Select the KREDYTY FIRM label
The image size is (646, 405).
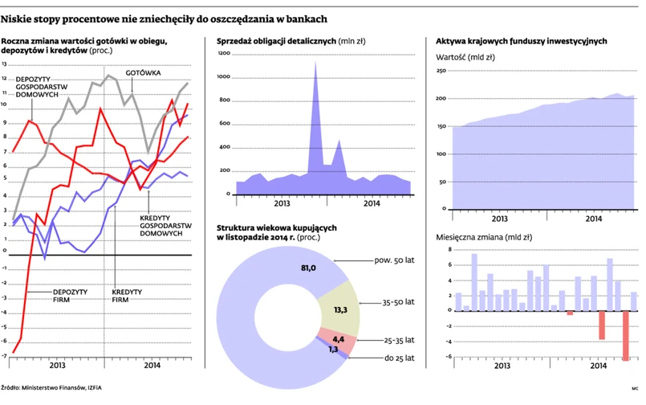(x=121, y=295)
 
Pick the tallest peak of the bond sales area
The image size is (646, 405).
(x=315, y=64)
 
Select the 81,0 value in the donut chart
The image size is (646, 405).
(x=307, y=267)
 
